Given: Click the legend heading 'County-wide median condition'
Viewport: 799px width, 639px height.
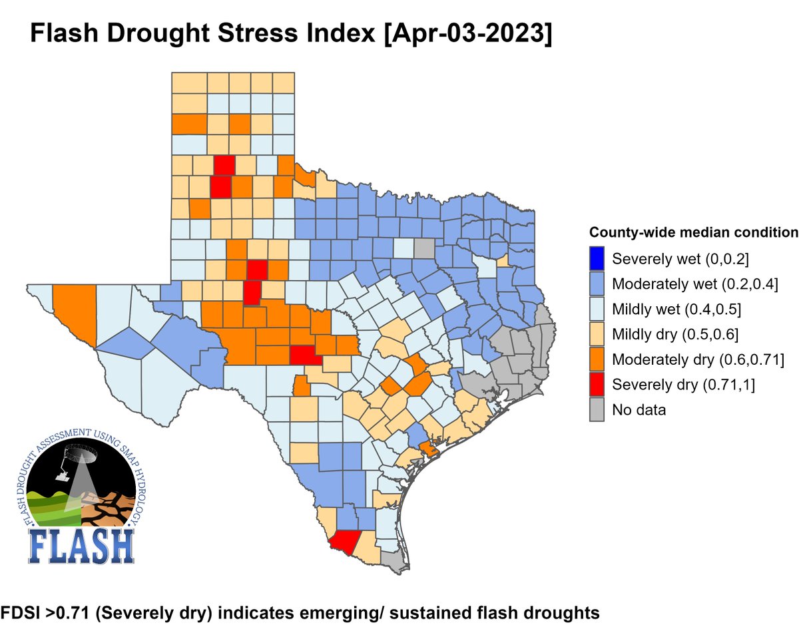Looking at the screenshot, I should coord(693,233).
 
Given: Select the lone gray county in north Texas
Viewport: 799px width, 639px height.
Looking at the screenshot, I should coord(423,248).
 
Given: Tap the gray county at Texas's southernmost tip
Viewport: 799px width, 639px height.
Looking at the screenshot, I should coord(396,563).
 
